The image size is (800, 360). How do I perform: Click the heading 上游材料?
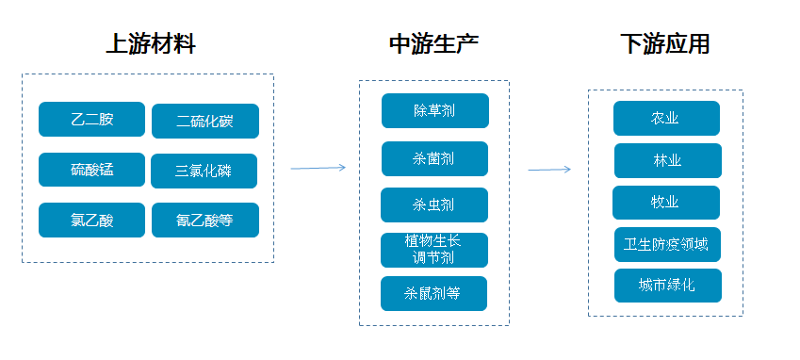(x=150, y=43)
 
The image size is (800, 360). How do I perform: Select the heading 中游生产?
(x=434, y=43)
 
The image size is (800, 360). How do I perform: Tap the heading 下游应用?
(x=664, y=43)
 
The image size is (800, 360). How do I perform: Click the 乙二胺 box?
(x=91, y=119)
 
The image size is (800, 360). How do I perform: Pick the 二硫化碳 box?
(x=204, y=121)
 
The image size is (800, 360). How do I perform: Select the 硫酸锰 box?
(x=91, y=170)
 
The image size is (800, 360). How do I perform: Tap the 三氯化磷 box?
(x=204, y=171)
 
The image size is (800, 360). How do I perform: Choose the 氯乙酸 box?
(x=91, y=221)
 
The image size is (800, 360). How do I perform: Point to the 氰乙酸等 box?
(x=204, y=221)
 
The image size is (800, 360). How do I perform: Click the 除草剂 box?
(x=434, y=110)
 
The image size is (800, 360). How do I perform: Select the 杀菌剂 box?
(x=434, y=158)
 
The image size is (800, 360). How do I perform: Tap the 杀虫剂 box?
(x=434, y=205)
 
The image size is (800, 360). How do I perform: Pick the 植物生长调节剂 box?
(x=434, y=250)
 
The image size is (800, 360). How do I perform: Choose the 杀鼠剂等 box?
(x=434, y=293)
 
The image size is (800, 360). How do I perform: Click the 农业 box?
(x=666, y=118)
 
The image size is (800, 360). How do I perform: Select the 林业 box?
(x=667, y=160)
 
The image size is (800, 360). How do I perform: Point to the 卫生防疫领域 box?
(x=667, y=244)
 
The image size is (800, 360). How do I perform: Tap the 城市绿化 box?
(x=667, y=286)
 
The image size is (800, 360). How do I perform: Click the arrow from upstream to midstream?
(x=318, y=168)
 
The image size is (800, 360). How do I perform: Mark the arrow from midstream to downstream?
(x=548, y=170)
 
